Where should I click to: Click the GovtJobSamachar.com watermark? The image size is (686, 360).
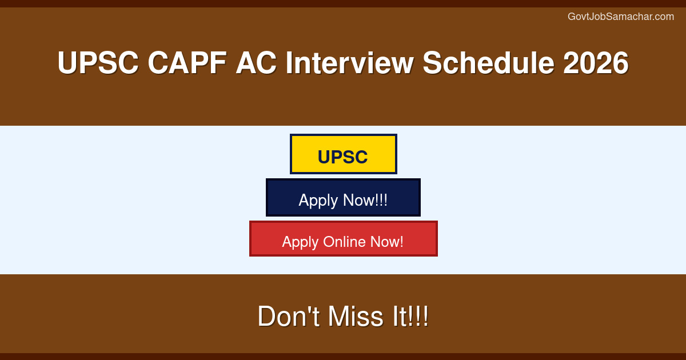621,17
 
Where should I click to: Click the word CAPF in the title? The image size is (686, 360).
188,63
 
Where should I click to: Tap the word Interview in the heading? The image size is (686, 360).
349,63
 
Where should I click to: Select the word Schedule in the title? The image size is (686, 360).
488,63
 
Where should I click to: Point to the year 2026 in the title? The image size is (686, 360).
596,63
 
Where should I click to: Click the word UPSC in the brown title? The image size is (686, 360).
98,63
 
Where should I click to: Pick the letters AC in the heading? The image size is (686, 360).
256,63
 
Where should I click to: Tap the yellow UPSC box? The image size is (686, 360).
344,154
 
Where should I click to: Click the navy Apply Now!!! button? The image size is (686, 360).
343,198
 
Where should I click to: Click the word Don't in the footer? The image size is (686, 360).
289,316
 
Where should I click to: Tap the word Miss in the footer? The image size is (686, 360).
356,316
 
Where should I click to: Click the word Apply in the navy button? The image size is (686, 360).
318,201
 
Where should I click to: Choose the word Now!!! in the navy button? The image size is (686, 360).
365,200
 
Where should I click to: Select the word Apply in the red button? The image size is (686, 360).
300,242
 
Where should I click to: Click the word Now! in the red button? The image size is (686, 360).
387,242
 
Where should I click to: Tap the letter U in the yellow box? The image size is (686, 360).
324,157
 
